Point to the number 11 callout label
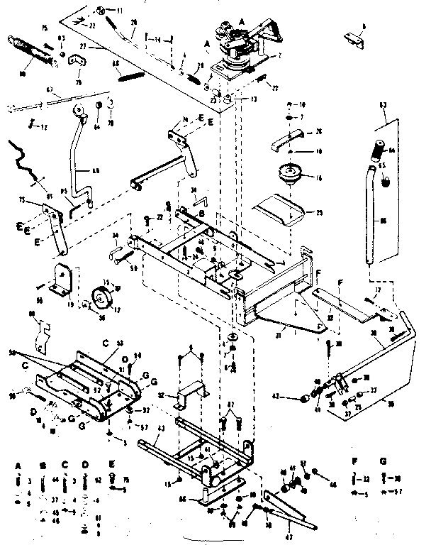(x=119, y=10)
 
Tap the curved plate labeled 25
(x=279, y=209)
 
